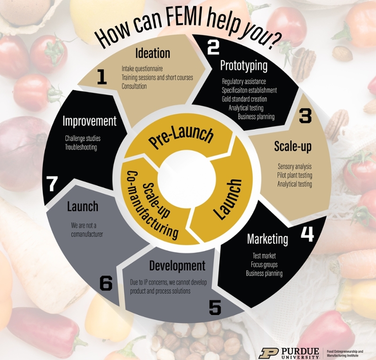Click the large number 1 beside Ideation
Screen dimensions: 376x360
point(102,77)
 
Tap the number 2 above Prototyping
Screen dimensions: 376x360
point(213,47)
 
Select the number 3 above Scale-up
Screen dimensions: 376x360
point(305,116)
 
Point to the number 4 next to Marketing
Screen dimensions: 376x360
point(307,234)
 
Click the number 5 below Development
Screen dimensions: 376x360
point(215,307)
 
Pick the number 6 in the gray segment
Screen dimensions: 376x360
point(106,283)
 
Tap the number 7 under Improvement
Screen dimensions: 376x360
point(52,184)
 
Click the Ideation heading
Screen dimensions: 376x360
point(153,53)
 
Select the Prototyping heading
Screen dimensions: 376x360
point(243,66)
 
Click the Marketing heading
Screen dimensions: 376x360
point(267,239)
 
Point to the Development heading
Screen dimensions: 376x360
point(177,266)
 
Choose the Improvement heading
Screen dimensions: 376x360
point(89,121)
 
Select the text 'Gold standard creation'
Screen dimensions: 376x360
point(244,99)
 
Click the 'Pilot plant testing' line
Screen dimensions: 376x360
point(295,175)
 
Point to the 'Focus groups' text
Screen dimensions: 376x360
point(264,265)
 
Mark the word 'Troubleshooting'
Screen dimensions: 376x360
point(81,147)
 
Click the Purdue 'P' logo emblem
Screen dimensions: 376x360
point(268,353)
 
